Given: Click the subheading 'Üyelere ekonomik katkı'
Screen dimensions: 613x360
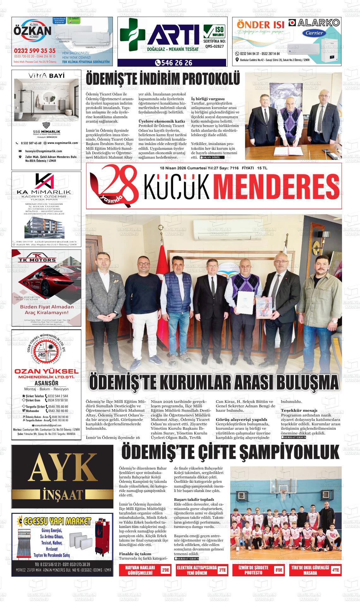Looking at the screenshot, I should [x=162, y=121].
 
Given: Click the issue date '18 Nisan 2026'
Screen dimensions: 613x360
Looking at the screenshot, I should [x=173, y=168].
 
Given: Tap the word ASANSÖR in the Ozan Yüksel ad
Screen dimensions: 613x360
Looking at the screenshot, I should [x=46, y=383].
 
